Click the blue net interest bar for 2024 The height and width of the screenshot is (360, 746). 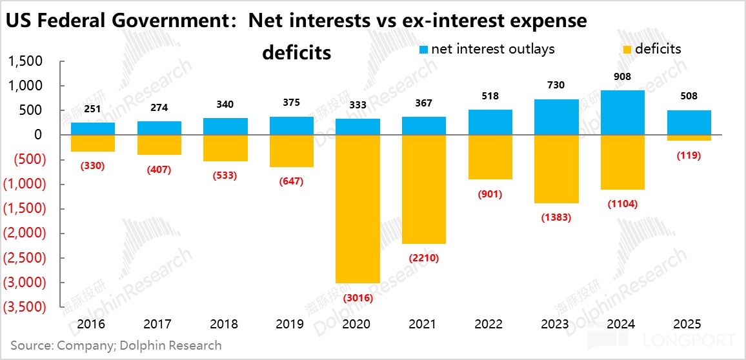coord(622,113)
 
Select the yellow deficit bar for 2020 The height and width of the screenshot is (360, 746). coord(358,208)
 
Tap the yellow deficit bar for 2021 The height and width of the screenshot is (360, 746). coord(424,189)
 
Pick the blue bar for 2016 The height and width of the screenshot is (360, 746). coord(93,129)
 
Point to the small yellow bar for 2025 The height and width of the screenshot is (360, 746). coord(688,138)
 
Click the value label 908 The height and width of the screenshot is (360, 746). coord(623,77)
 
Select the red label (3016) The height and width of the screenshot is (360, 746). coord(358,298)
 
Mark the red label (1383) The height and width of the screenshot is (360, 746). coord(556,217)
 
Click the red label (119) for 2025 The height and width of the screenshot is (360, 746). coord(688,155)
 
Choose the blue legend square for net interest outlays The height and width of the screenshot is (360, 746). coord(423,49)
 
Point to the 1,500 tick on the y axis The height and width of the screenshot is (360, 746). coord(25,61)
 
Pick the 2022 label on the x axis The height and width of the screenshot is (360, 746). coord(490,324)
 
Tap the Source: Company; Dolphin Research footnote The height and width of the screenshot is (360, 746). coord(116,345)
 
